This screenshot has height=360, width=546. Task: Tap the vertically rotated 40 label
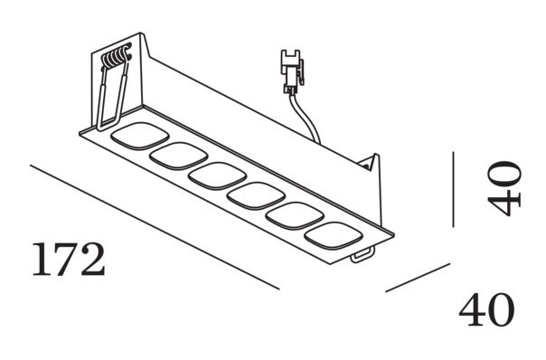tap(504, 188)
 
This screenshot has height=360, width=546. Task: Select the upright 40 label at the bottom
tap(486, 310)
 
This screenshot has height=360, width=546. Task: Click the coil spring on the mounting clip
tap(116, 59)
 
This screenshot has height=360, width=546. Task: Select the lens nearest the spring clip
tap(133, 137)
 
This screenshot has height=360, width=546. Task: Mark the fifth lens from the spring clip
tap(290, 214)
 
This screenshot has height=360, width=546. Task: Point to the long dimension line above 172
tap(154, 226)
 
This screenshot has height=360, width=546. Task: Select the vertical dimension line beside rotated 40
tap(453, 189)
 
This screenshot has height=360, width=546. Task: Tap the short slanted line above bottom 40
tap(418, 277)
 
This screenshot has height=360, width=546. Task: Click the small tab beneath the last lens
tap(362, 256)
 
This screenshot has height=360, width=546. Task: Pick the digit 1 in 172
tap(41, 261)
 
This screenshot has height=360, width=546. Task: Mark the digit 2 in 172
tap(92, 261)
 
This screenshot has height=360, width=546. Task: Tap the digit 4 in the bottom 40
tap(472, 310)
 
